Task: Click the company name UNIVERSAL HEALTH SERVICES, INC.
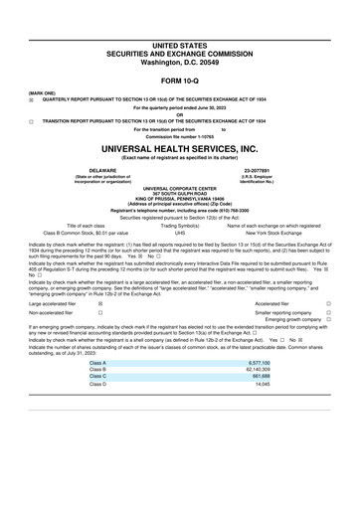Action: click(180, 147)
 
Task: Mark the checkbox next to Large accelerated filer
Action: click(99, 304)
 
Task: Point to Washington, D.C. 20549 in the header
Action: click(180, 35)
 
